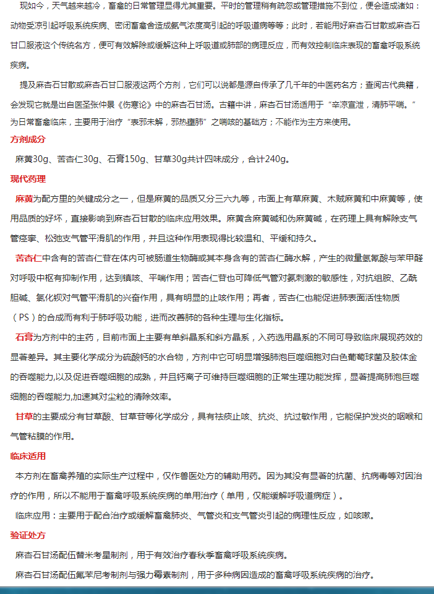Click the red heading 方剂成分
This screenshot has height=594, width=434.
(x=28, y=139)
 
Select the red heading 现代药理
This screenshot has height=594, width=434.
(x=28, y=179)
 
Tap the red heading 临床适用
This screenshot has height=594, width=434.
(x=28, y=457)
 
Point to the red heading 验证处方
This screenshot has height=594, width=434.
(x=28, y=535)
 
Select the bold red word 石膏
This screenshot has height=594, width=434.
(x=24, y=337)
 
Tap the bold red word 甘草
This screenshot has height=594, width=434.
(x=24, y=416)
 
